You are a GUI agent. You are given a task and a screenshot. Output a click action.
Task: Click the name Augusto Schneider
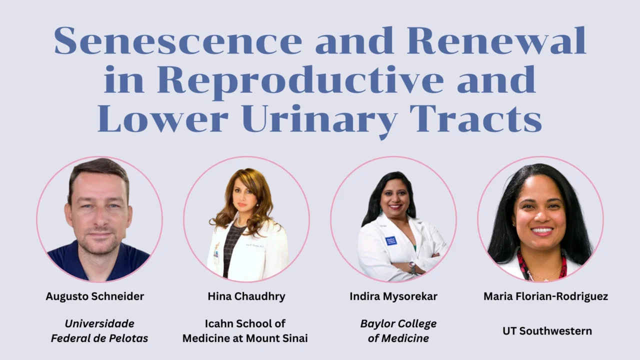[95, 296]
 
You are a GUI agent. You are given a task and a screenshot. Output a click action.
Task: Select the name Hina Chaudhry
[246, 296]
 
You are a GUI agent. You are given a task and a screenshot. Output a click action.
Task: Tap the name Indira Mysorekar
[393, 296]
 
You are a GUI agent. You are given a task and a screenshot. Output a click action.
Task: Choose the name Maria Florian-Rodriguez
[546, 296]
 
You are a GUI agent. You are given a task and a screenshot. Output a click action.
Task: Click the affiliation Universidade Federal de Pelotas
[99, 331]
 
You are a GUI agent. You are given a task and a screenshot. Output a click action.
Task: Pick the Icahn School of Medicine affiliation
[245, 331]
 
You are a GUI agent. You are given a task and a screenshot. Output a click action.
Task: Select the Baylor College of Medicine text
[398, 331]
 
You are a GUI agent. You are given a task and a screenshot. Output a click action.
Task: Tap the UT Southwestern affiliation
[547, 331]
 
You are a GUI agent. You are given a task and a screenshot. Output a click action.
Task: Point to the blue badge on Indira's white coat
[390, 240]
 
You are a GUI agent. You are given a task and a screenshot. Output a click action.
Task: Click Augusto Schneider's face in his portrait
[99, 210]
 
